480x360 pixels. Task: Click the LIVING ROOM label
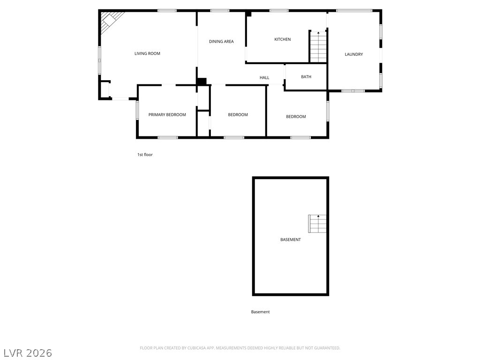(147, 53)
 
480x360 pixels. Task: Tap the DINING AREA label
(221, 42)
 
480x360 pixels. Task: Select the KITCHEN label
(283, 39)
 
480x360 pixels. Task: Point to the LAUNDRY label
(354, 54)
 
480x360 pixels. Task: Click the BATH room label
(306, 77)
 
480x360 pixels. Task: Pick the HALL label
(264, 78)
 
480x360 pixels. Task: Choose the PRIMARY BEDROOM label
(167, 115)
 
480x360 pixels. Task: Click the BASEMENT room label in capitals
(291, 240)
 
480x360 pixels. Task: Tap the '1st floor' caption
(145, 155)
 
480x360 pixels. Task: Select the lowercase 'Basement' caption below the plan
(260, 312)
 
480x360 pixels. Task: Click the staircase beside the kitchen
(318, 46)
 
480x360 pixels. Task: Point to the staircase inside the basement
(317, 224)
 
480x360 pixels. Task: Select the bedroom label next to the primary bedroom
(238, 115)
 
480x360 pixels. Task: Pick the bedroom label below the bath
(296, 117)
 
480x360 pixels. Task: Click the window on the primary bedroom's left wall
(137, 111)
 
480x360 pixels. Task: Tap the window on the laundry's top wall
(354, 10)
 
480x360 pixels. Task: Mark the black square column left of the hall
(202, 82)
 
